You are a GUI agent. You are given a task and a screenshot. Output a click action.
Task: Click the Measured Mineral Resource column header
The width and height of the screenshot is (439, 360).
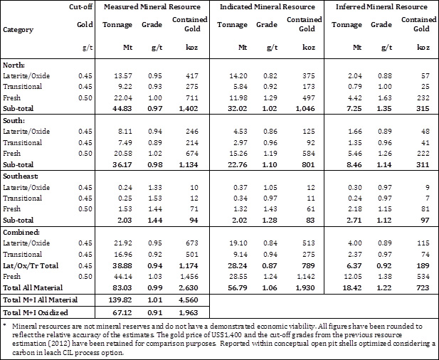(152, 6)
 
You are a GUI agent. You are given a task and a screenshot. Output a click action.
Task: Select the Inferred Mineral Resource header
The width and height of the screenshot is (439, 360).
(381, 6)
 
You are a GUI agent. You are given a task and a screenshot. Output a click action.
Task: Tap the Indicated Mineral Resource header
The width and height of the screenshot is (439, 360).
(268, 6)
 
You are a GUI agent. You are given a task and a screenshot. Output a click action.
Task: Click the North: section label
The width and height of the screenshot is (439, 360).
(14, 65)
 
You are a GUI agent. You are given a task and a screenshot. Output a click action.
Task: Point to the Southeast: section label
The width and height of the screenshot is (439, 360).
(21, 176)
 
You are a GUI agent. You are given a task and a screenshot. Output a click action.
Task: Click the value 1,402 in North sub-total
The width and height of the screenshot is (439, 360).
(189, 109)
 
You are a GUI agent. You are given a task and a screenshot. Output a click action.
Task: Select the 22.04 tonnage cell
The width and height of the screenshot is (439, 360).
(123, 97)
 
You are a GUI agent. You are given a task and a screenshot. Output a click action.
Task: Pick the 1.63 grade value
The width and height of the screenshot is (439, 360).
(384, 97)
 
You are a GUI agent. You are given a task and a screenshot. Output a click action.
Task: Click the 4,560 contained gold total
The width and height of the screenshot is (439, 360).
(189, 300)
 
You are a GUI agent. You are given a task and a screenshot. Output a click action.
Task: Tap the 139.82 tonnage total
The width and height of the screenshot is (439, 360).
(120, 300)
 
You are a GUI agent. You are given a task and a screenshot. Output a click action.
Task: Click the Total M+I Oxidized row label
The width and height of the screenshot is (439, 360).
(36, 312)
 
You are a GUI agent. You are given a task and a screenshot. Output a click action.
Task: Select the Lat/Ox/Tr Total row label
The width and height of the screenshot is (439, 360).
(31, 265)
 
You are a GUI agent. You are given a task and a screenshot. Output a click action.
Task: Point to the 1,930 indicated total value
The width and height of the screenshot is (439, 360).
(305, 287)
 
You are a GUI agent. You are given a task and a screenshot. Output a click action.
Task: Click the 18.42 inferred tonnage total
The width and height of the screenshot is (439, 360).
(352, 287)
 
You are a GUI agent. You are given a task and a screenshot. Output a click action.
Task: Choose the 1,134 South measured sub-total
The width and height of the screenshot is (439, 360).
(189, 164)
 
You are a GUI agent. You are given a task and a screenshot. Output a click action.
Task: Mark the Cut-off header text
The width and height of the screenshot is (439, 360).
(81, 6)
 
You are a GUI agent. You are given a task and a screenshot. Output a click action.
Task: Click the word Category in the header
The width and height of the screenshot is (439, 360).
(18, 30)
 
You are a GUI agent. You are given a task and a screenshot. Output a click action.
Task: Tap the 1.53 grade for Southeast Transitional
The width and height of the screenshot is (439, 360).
(154, 198)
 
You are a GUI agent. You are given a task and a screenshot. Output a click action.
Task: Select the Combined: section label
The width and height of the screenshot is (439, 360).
(21, 233)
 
